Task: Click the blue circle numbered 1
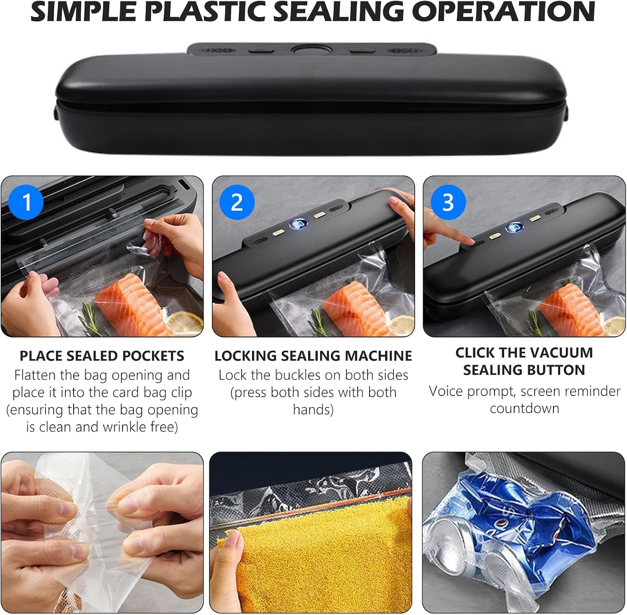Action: coord(26,202)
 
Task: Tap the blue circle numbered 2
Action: coord(237,202)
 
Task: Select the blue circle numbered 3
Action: coord(448,202)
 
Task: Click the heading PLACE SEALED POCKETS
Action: coord(102,356)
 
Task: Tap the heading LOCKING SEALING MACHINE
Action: coord(313,356)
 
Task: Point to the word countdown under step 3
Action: coord(525,408)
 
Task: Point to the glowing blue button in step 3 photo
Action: coord(513,227)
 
